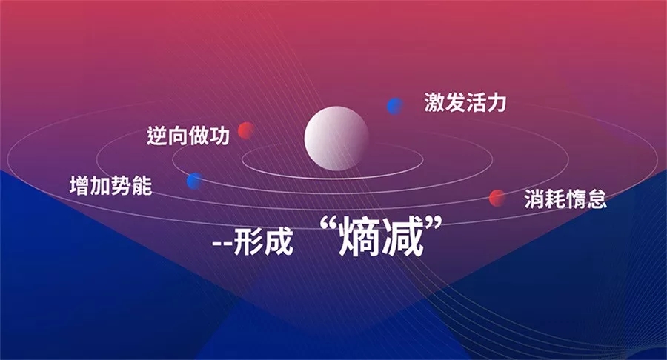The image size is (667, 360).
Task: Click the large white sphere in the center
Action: tap(336, 138)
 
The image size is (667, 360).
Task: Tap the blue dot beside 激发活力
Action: tap(395, 106)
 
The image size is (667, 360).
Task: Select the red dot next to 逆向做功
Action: tap(246, 130)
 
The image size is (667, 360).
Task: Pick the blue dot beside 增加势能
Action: tap(195, 181)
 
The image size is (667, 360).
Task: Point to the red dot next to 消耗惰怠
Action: tap(497, 198)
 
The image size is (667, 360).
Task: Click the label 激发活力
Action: tap(465, 103)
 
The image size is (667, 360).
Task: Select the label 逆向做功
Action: tap(188, 136)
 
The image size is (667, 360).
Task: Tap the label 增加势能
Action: tap(110, 186)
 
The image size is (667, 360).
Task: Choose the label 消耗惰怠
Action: tap(565, 199)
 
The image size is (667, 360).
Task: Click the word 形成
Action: tap(264, 242)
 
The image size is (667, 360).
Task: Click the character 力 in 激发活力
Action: tap(497, 103)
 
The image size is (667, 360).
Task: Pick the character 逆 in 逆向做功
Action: tap(157, 136)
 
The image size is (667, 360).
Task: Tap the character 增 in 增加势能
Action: tap(79, 186)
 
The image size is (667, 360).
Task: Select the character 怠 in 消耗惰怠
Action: tap(597, 199)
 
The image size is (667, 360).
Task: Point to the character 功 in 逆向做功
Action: tap(219, 136)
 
